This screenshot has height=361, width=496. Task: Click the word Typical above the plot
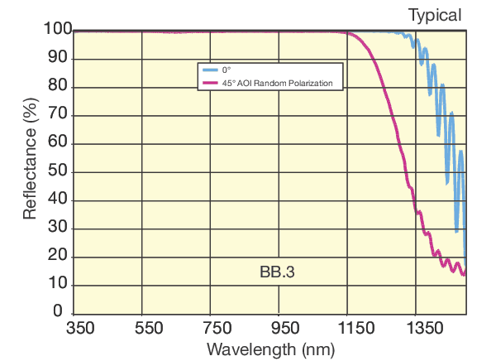(434, 15)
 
